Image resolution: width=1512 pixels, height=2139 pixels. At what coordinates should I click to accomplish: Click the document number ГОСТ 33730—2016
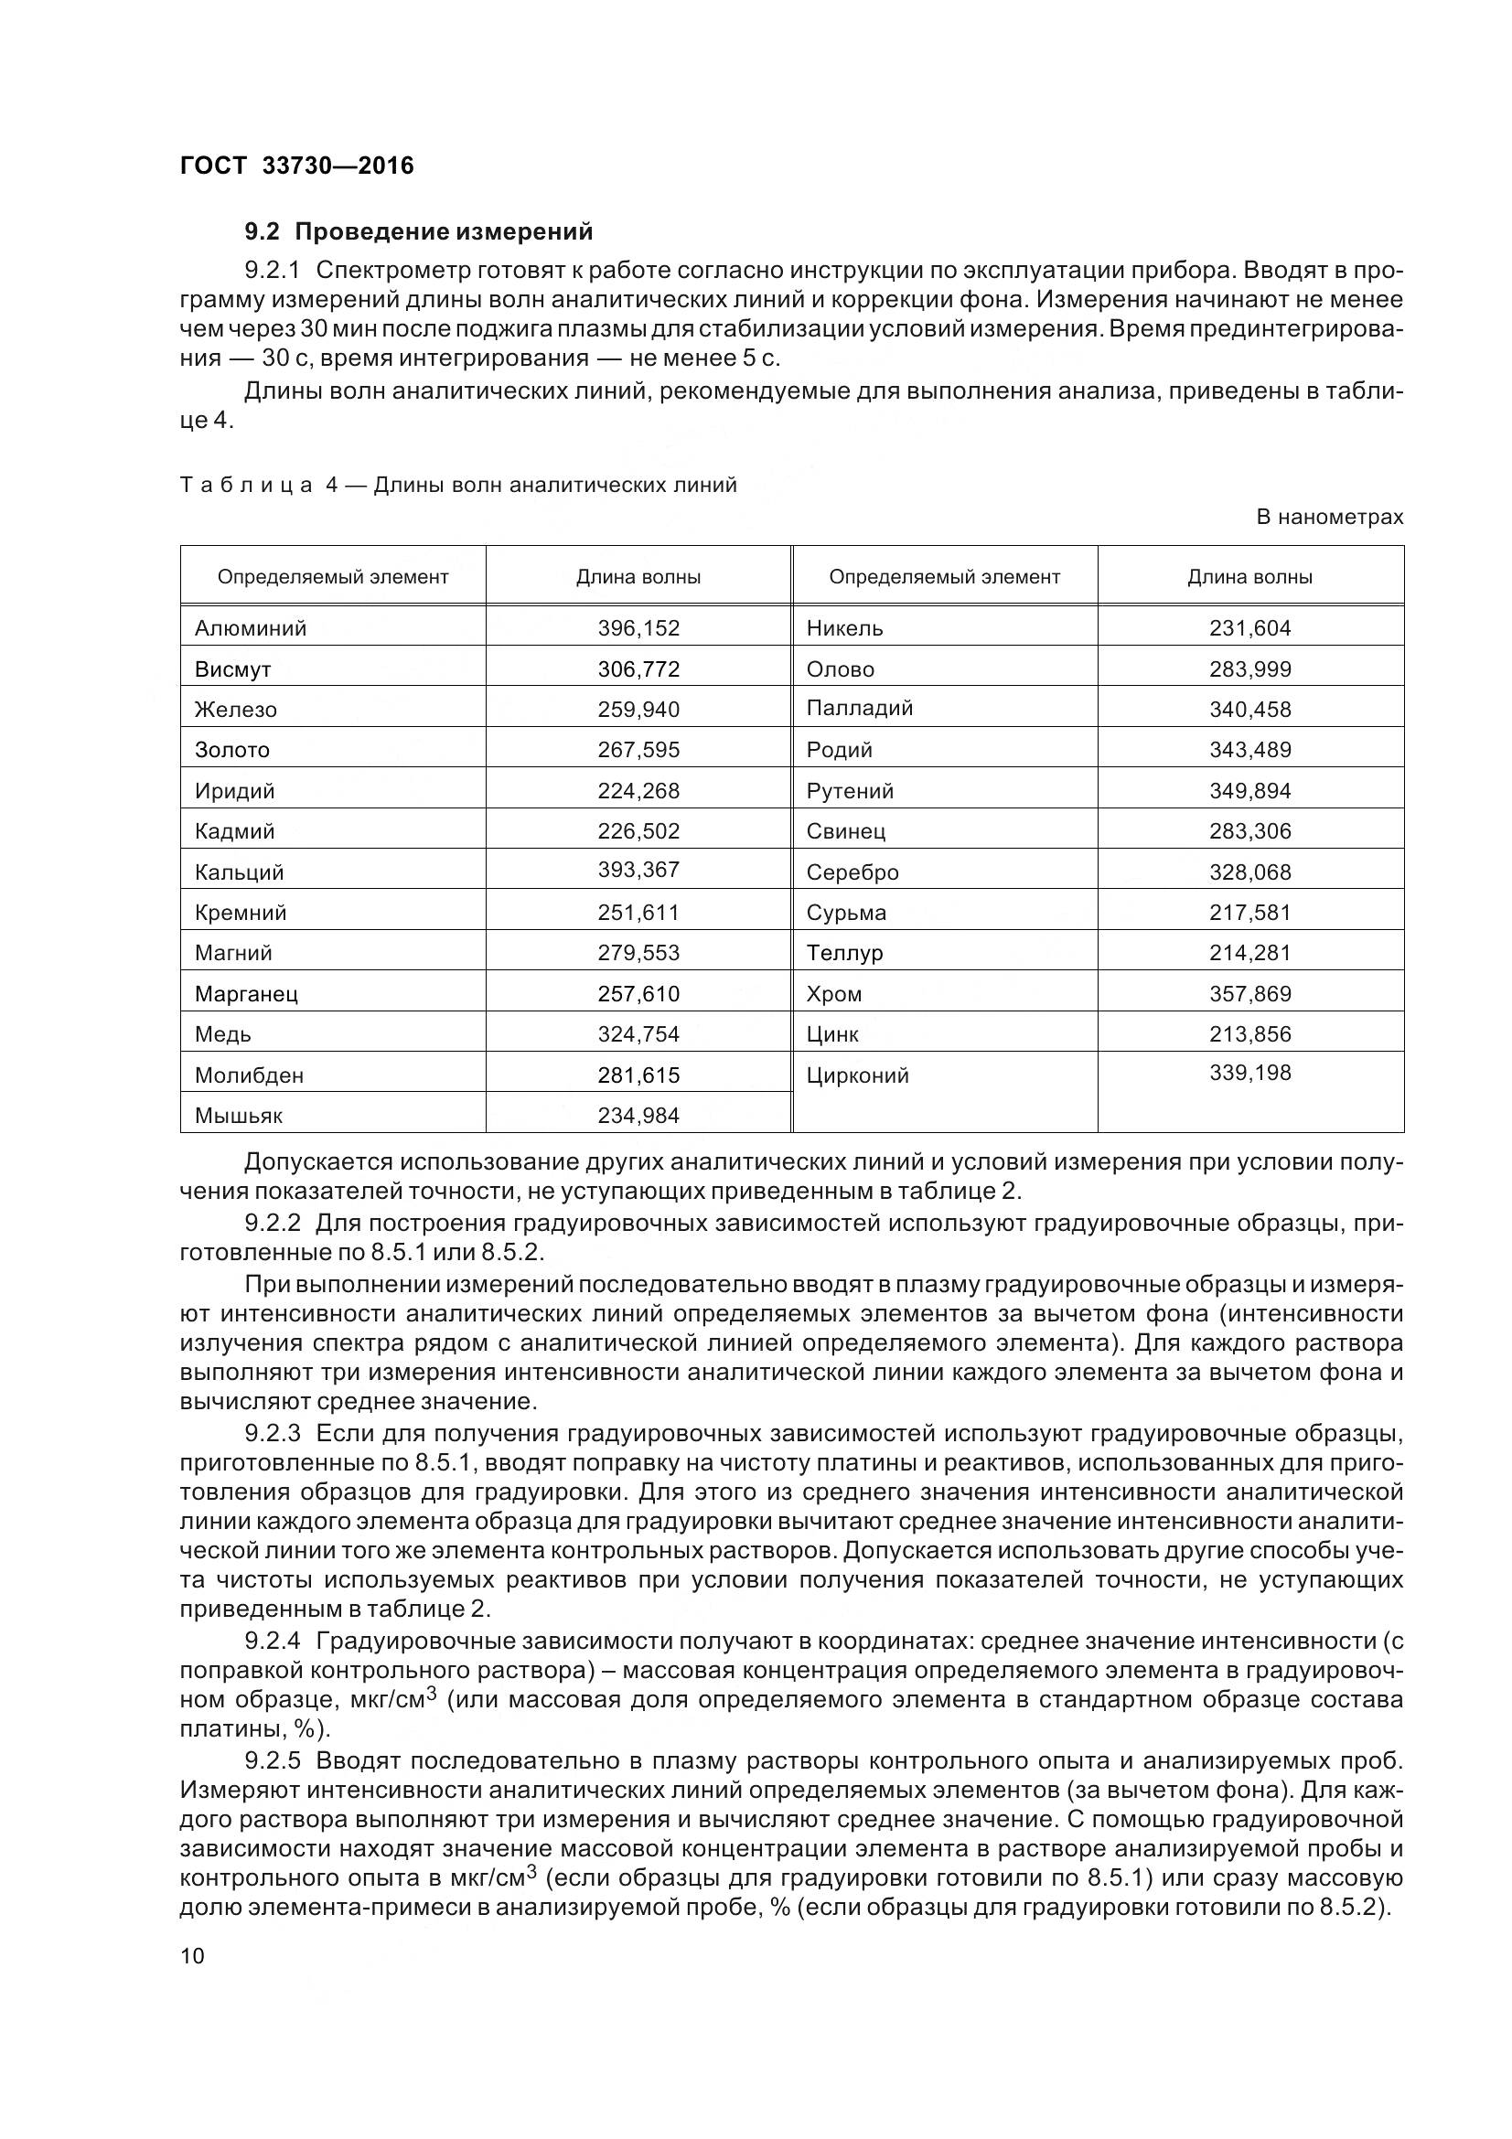point(296,166)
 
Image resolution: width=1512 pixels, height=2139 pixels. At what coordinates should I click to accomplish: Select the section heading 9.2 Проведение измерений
point(418,231)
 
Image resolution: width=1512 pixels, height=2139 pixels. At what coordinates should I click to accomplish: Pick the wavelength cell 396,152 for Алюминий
point(638,628)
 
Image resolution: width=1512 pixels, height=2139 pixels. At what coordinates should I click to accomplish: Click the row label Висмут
point(233,668)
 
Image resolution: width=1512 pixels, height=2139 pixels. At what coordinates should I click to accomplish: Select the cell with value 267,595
point(638,750)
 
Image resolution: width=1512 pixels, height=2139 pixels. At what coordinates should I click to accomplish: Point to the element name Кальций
point(240,872)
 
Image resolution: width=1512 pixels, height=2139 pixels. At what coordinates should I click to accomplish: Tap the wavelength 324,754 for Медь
point(638,1034)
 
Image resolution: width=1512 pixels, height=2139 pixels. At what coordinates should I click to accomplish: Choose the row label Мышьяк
point(239,1115)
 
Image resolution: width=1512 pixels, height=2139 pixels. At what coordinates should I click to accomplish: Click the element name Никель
point(844,628)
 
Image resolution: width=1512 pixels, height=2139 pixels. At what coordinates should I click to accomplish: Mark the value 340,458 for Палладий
point(1249,709)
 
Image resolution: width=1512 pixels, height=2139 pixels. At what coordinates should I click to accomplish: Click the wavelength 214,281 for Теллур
point(1249,953)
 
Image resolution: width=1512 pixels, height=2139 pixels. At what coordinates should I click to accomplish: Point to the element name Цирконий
point(857,1075)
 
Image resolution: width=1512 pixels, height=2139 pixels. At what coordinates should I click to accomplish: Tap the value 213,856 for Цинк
point(1249,1034)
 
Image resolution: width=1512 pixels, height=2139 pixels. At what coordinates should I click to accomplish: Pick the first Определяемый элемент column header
point(333,577)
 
